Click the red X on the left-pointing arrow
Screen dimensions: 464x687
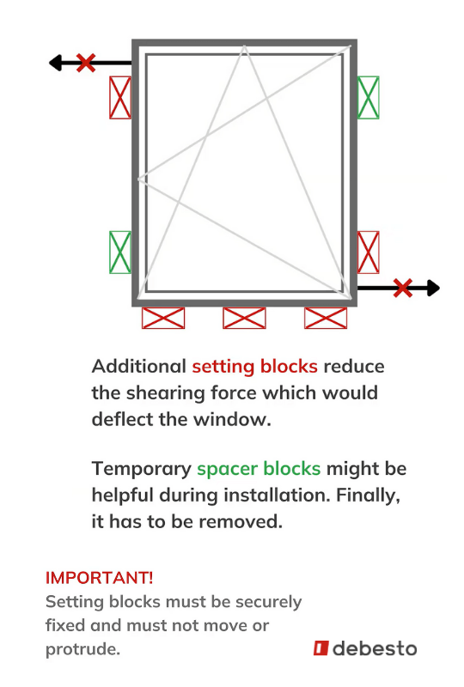click(x=86, y=63)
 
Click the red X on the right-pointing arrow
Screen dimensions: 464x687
click(x=403, y=288)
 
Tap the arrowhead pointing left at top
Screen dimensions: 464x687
click(x=55, y=63)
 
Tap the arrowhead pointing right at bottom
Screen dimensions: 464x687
click(x=433, y=288)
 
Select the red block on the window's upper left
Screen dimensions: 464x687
click(x=120, y=97)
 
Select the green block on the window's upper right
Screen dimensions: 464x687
click(x=369, y=97)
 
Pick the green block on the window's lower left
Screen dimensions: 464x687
click(x=120, y=252)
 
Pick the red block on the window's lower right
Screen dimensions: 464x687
click(x=369, y=252)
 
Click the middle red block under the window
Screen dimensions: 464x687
click(x=244, y=318)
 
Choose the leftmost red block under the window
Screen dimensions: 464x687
click(x=163, y=318)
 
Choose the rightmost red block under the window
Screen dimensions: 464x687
click(x=326, y=318)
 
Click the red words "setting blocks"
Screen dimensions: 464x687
click(x=255, y=367)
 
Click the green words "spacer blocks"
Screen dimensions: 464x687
click(x=259, y=469)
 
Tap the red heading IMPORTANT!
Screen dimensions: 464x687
click(x=100, y=578)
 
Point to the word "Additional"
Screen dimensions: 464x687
click(x=139, y=367)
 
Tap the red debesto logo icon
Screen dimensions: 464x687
click(x=321, y=648)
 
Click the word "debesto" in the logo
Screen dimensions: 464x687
click(x=375, y=648)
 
